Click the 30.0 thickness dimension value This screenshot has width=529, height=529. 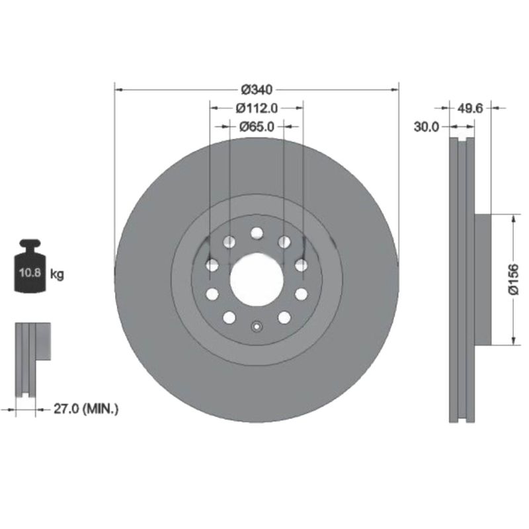427,126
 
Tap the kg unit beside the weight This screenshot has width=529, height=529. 58,273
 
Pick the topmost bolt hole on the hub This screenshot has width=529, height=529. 257,233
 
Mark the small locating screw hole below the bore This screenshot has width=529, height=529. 257,325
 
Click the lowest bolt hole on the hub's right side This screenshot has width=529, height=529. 284,317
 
